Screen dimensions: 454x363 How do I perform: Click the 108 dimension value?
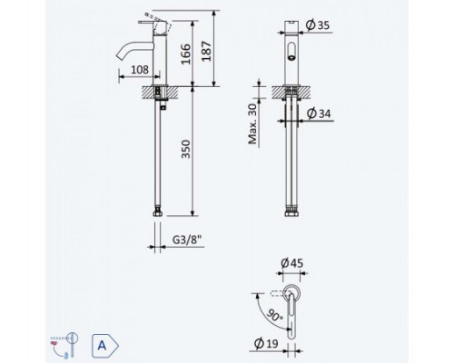tap(140, 70)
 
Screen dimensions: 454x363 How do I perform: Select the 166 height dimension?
tap(186, 54)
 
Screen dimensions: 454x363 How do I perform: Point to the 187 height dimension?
tap(207, 51)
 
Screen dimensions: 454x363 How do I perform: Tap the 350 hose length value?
tap(185, 149)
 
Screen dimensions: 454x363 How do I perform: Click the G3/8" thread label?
tap(187, 240)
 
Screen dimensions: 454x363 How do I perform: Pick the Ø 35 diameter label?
tap(318, 25)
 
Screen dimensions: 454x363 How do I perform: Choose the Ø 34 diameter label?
tap(319, 113)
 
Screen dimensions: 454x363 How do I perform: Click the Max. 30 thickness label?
tap(252, 124)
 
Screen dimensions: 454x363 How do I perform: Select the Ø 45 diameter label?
tap(291, 263)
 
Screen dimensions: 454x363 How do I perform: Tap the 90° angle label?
tap(273, 316)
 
